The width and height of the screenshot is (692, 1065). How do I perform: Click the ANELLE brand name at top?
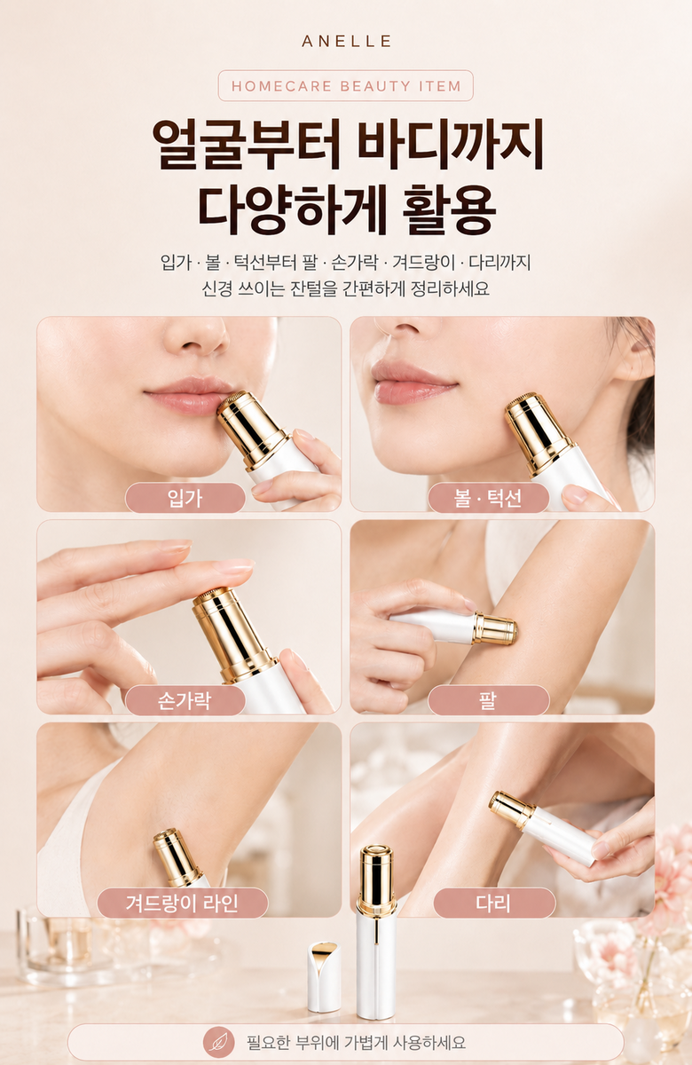(346, 42)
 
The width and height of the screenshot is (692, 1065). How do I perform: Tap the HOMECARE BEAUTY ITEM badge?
(345, 85)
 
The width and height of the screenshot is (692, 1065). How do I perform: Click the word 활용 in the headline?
(448, 209)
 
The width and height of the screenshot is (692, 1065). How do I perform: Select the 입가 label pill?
(185, 497)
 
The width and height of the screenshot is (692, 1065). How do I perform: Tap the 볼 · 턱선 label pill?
(488, 497)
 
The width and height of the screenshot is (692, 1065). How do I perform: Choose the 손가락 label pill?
(185, 700)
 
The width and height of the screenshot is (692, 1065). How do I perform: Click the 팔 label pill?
(488, 700)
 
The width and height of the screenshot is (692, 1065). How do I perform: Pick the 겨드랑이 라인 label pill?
(183, 903)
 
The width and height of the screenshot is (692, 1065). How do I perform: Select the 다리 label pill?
(494, 903)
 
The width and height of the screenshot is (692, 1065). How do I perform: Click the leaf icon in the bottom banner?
(219, 1042)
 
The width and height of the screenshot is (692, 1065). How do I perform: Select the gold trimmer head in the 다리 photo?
(512, 809)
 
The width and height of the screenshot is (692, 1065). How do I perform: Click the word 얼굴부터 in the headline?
(246, 144)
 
